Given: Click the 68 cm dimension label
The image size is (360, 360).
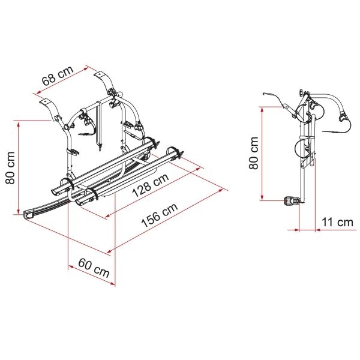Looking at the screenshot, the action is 58,76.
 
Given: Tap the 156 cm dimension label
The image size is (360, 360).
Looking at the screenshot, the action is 160,215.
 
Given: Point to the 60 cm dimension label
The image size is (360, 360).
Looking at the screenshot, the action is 94,268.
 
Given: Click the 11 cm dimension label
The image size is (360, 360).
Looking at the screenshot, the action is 337,222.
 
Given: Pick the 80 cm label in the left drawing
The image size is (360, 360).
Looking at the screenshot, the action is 10,168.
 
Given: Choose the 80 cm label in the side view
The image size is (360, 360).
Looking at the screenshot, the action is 254,153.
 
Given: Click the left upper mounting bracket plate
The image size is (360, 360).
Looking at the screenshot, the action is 45,101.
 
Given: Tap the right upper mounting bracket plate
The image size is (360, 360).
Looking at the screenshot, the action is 99,74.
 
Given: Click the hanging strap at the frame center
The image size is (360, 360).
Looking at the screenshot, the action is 99,125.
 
